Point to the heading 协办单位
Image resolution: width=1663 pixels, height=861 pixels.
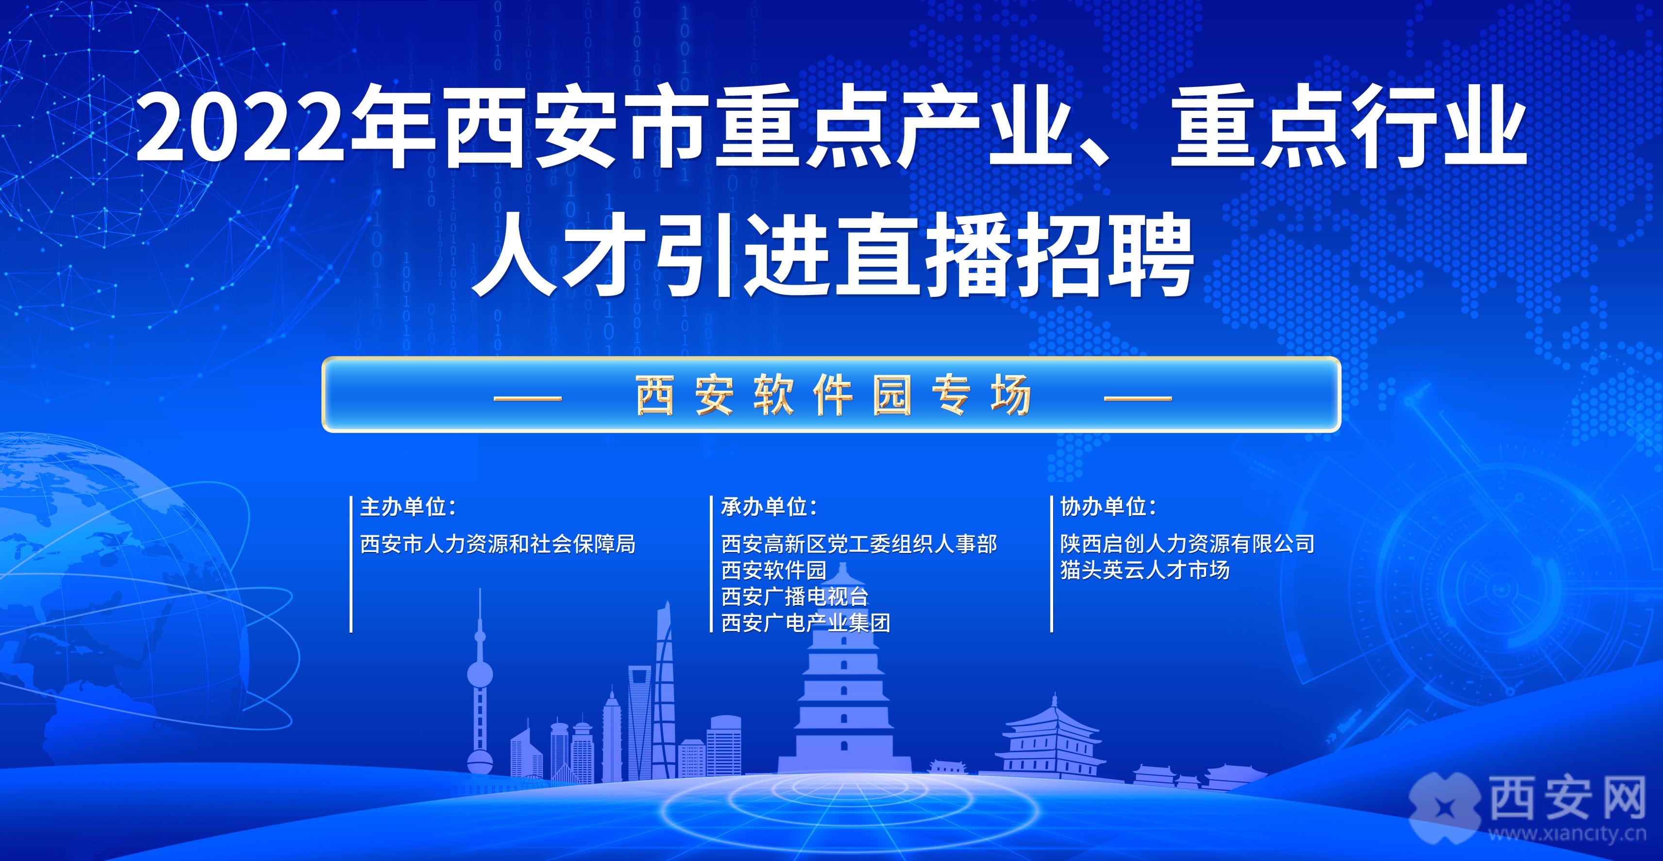click(x=1109, y=507)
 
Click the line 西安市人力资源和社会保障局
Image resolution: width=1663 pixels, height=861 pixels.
click(x=498, y=544)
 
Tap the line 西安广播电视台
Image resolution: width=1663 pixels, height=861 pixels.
click(x=795, y=596)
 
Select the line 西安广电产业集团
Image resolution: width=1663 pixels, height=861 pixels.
click(x=806, y=622)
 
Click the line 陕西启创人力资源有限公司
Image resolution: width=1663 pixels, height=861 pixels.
click(x=1188, y=544)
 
